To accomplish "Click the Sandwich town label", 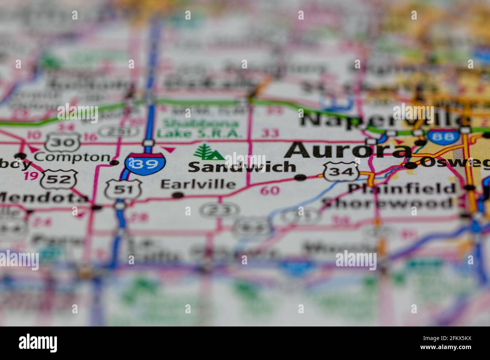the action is (x=242, y=167).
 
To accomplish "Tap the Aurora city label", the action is (x=348, y=150).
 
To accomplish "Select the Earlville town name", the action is (x=198, y=184).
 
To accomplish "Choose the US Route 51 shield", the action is (x=123, y=190).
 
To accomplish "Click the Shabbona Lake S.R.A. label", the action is (x=198, y=129).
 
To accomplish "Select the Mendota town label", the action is (x=43, y=198).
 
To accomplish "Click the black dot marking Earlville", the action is (x=178, y=195).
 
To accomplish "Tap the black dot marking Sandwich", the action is (x=300, y=177).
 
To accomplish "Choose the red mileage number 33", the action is (x=270, y=133).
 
